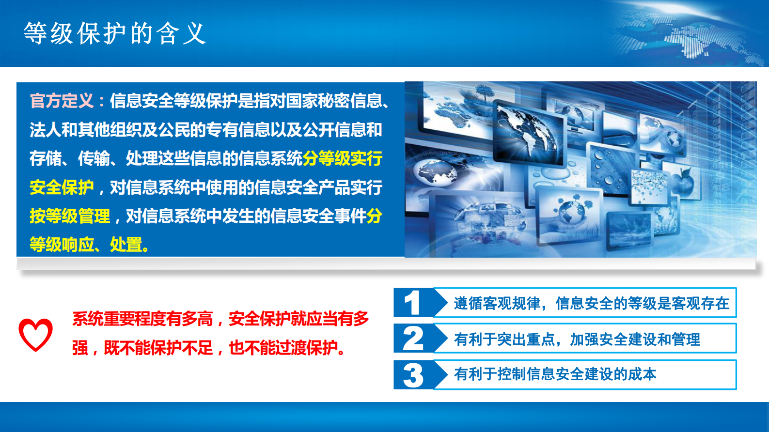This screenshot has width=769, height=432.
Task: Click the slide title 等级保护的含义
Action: pyautogui.click(x=115, y=34)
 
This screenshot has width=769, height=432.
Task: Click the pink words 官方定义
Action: pyautogui.click(x=62, y=101)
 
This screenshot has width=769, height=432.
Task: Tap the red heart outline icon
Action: pyautogui.click(x=35, y=334)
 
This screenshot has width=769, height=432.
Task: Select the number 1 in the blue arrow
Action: pyautogui.click(x=412, y=303)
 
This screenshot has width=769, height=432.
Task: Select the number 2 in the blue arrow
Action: pyautogui.click(x=413, y=339)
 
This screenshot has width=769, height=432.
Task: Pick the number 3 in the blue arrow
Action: pyautogui.click(x=413, y=375)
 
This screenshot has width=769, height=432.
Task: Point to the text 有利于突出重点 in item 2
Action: pyautogui.click(x=504, y=339)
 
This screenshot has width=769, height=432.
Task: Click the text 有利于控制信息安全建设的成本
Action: pyautogui.click(x=555, y=374)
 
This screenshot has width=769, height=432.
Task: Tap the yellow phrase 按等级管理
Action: pyautogui.click(x=70, y=216)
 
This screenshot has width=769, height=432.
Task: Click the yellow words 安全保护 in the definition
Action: pyautogui.click(x=62, y=187)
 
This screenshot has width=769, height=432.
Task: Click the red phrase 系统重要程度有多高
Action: pyautogui.click(x=142, y=319)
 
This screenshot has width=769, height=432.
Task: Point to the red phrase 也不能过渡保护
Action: pyautogui.click(x=283, y=348)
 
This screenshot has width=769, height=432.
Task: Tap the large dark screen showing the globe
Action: pyautogui.click(x=528, y=131)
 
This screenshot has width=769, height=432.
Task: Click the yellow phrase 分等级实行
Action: pyautogui.click(x=343, y=158)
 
